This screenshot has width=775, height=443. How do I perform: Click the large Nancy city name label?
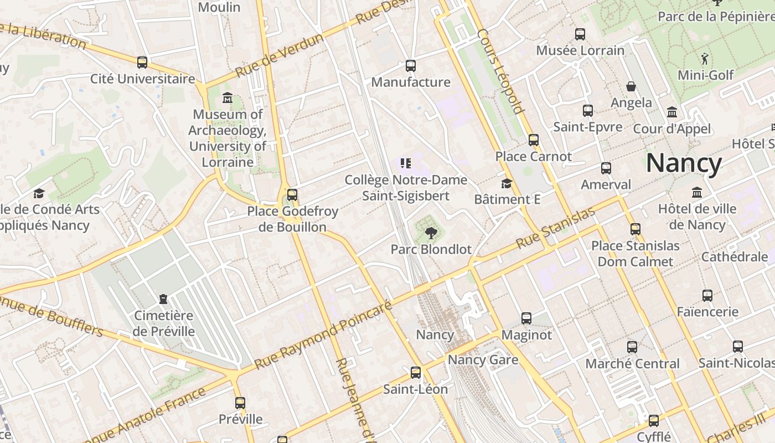(x=684, y=163)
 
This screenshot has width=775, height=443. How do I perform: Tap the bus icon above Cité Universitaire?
(x=142, y=62)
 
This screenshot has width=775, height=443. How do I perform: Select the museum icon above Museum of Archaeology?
(x=227, y=98)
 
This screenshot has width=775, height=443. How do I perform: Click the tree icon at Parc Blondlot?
(x=431, y=233)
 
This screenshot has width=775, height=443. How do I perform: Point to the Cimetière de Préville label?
(x=163, y=323)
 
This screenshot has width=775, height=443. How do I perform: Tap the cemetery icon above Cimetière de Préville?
(x=163, y=299)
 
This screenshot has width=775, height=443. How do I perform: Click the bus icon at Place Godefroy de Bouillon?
(x=292, y=195)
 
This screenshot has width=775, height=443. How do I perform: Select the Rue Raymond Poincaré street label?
(x=323, y=335)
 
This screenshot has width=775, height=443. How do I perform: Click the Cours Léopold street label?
(x=500, y=70)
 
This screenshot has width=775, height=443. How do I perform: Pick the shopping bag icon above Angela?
(x=631, y=86)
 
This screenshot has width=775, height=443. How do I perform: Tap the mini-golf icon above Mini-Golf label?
(x=704, y=59)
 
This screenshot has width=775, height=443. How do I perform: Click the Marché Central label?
(x=632, y=364)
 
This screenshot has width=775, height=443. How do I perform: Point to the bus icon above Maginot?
(x=526, y=318)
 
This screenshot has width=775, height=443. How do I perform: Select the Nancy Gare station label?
(x=483, y=360)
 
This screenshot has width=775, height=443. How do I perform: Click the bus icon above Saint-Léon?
(x=415, y=373)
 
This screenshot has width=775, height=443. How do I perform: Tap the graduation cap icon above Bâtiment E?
(x=507, y=183)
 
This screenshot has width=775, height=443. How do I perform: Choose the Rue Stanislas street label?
(x=555, y=228)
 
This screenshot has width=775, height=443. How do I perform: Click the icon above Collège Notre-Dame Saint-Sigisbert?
(x=406, y=163)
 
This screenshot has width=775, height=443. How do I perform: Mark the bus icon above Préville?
(x=240, y=403)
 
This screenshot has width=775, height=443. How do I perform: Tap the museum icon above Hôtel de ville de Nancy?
(x=696, y=193)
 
